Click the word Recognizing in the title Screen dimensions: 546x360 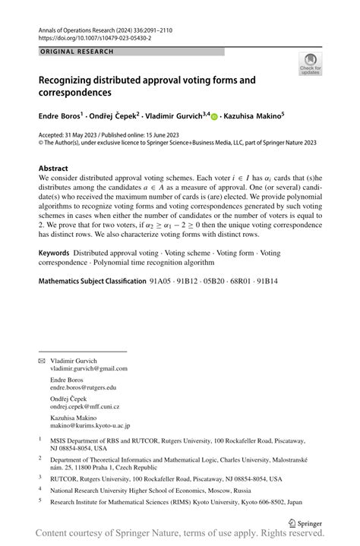[72, 79]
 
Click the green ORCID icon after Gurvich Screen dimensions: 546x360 [214, 117]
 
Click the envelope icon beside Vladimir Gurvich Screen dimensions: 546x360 [42, 360]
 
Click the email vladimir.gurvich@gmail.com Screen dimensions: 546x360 [89, 368]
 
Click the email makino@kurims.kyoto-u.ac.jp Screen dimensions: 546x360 [90, 426]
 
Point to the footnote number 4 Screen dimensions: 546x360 [40, 491]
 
